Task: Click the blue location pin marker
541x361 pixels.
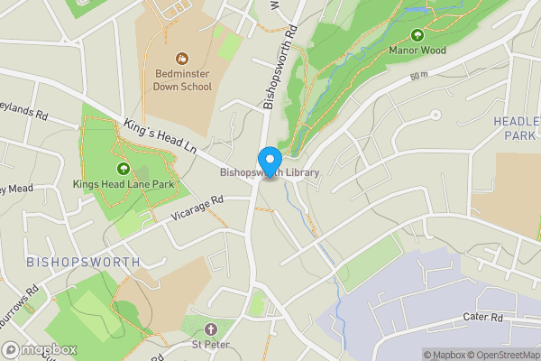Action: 269,162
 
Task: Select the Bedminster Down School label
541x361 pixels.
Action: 181,80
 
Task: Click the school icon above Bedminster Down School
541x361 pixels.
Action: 181,58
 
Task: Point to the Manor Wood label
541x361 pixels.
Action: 417,51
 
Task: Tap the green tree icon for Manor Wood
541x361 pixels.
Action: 417,35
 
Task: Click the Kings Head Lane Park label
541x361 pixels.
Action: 124,184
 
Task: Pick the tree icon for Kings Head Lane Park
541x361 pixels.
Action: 124,169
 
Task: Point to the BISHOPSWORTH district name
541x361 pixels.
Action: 83,262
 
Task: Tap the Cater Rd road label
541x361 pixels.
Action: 483,318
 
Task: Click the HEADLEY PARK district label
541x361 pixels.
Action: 517,127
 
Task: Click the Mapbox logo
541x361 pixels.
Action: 40,349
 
